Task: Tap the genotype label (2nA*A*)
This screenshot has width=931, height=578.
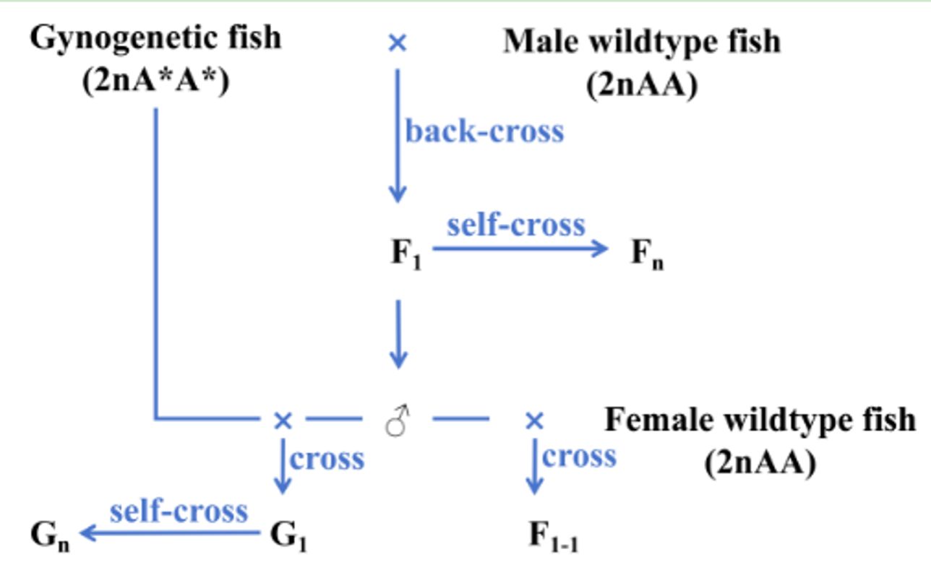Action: click(x=155, y=82)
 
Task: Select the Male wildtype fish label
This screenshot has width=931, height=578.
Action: click(x=641, y=42)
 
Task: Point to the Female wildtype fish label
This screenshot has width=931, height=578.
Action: click(x=759, y=420)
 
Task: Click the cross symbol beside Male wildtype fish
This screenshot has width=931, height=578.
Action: click(x=397, y=43)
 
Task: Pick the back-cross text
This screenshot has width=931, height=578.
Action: click(x=484, y=132)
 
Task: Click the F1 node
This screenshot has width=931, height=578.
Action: click(x=406, y=254)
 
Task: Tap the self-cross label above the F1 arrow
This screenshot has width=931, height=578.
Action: click(x=515, y=225)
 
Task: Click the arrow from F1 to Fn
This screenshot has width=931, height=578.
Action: click(x=520, y=249)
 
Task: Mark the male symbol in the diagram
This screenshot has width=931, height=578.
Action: click(x=398, y=420)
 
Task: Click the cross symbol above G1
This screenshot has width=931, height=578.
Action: click(x=283, y=420)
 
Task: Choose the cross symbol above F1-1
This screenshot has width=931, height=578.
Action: click(x=533, y=420)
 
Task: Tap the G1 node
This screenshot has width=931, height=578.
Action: click(x=288, y=536)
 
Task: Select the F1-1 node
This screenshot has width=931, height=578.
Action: click(x=553, y=537)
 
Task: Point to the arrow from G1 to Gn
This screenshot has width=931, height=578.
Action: click(x=169, y=534)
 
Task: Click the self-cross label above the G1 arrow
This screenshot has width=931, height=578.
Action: click(x=179, y=511)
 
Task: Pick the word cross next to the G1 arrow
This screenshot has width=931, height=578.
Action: click(x=327, y=458)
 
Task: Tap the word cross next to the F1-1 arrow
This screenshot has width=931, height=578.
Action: click(x=578, y=457)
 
